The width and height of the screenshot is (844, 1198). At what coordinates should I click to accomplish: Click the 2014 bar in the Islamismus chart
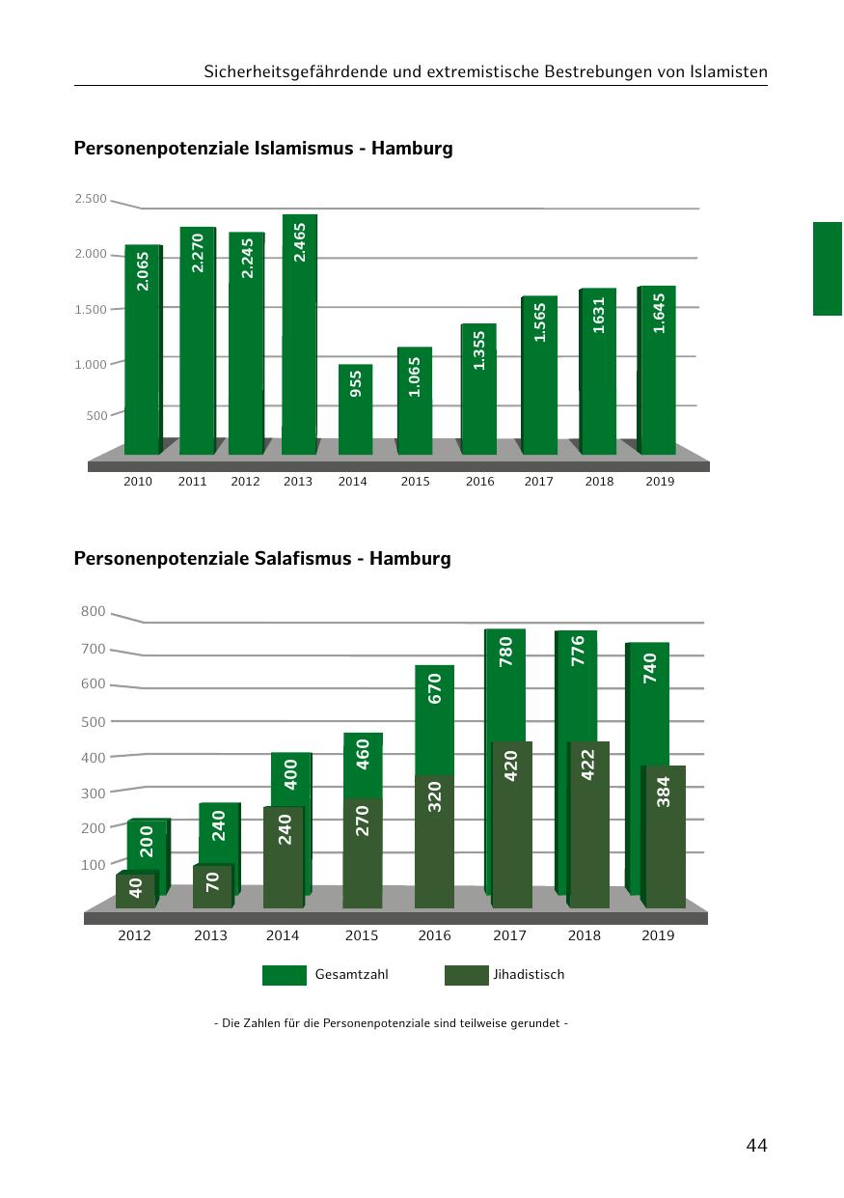point(355,410)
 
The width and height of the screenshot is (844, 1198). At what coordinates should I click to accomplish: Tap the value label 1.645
point(659,313)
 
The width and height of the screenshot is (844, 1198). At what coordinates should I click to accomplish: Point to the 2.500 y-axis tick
point(91,199)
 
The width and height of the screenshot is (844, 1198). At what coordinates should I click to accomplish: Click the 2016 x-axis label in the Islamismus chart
point(479,482)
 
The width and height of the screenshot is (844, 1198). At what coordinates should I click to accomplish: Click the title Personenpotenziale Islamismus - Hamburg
point(263,149)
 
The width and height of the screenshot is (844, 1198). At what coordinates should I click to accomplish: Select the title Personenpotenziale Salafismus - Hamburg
point(262,558)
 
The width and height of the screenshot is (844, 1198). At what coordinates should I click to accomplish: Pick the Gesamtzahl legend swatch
point(284,975)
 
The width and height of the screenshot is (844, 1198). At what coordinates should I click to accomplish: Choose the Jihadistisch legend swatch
point(466,975)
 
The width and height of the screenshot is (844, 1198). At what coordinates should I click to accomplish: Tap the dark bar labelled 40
point(136,890)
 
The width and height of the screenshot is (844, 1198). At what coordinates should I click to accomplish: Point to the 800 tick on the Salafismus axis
point(94,611)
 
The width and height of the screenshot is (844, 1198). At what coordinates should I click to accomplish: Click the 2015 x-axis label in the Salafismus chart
point(362,935)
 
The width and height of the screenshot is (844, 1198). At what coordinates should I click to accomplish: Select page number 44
point(756,1146)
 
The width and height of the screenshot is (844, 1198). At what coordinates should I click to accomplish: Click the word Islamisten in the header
point(730,72)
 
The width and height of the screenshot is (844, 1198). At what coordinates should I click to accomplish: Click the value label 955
point(356,383)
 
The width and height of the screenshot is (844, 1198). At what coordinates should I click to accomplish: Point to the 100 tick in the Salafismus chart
point(94,864)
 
